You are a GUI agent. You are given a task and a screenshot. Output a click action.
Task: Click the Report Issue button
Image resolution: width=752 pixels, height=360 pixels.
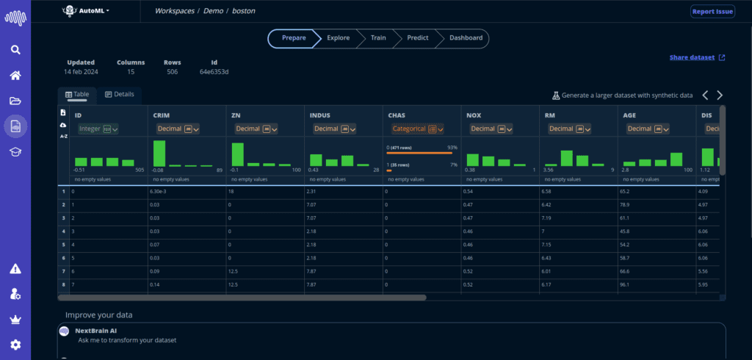click(712, 12)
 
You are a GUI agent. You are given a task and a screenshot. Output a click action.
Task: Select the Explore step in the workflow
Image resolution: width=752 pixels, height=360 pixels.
click(339, 38)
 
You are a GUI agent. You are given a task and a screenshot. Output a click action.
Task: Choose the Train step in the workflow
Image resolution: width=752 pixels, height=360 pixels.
click(378, 38)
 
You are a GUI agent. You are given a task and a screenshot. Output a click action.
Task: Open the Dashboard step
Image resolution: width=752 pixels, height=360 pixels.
click(466, 38)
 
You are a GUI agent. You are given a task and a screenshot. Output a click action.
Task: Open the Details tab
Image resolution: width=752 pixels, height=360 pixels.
click(120, 95)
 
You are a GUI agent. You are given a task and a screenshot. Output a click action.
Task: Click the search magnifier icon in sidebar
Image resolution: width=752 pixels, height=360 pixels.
click(15, 50)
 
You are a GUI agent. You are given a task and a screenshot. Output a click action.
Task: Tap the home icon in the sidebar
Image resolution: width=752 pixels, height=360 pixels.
click(15, 76)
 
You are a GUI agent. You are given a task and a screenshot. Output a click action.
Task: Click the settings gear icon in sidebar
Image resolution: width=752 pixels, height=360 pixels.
click(15, 345)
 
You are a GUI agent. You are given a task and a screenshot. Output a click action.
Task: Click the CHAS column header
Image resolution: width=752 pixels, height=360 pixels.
click(397, 115)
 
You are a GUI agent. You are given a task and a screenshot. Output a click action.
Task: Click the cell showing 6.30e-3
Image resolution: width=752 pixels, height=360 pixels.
click(162, 191)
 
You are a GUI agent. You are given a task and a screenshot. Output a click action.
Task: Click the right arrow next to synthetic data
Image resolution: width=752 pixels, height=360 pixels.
click(720, 96)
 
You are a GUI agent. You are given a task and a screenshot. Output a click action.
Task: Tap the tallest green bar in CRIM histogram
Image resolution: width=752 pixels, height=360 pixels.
click(159, 154)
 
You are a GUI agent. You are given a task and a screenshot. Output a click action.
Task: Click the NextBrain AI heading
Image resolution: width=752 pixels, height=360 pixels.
click(95, 331)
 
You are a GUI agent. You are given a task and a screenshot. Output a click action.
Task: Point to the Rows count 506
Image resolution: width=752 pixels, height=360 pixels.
click(172, 72)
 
